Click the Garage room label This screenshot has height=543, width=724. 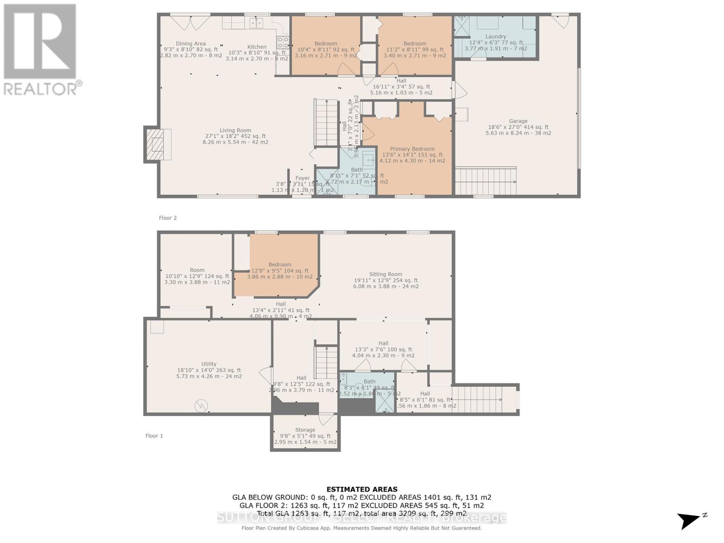(518, 121)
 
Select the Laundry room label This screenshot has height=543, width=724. (495, 37)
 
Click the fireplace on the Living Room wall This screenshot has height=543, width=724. (158, 144)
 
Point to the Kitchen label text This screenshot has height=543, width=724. (257, 47)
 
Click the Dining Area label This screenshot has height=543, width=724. (191, 44)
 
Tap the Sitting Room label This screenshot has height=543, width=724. (386, 274)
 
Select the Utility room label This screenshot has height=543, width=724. (209, 364)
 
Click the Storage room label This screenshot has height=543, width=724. (305, 430)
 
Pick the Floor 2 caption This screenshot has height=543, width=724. (168, 218)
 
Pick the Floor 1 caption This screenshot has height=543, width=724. (154, 436)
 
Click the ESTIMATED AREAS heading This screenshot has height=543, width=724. (362, 489)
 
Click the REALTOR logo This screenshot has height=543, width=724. (41, 50)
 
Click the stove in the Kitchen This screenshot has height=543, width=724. (283, 42)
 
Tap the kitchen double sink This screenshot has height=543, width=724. (257, 23)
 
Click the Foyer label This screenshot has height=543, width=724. (302, 178)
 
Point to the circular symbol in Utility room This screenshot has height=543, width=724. (200, 405)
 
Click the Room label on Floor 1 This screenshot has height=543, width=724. (197, 270)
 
